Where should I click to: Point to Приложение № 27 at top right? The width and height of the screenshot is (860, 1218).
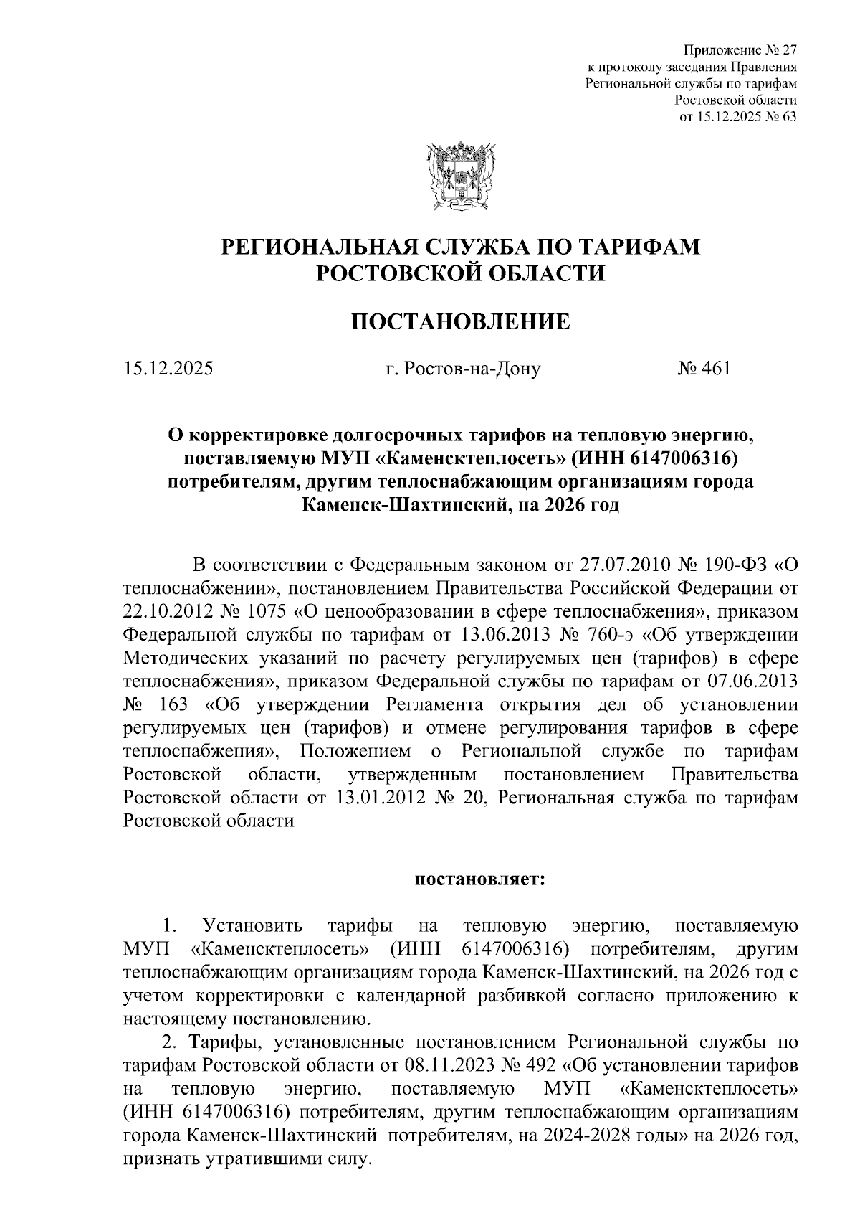pos(740,50)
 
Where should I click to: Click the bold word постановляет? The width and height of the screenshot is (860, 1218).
pos(480,879)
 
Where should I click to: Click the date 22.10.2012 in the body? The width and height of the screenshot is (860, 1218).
pos(168,612)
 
